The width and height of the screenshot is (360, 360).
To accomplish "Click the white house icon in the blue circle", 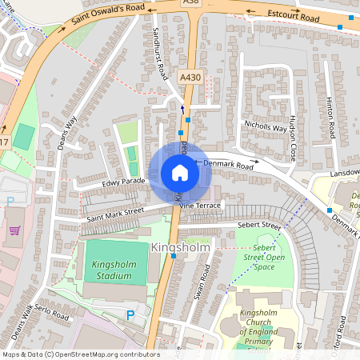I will coord(179,173).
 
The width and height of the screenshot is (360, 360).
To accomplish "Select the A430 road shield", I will coord(190,77).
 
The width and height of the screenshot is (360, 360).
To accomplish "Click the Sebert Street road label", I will coord(258,226).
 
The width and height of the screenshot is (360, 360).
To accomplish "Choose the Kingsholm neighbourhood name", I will coord(180,248).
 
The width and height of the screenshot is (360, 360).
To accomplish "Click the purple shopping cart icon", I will coord(14,230).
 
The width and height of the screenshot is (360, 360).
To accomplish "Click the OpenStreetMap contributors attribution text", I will coord(80,354).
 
